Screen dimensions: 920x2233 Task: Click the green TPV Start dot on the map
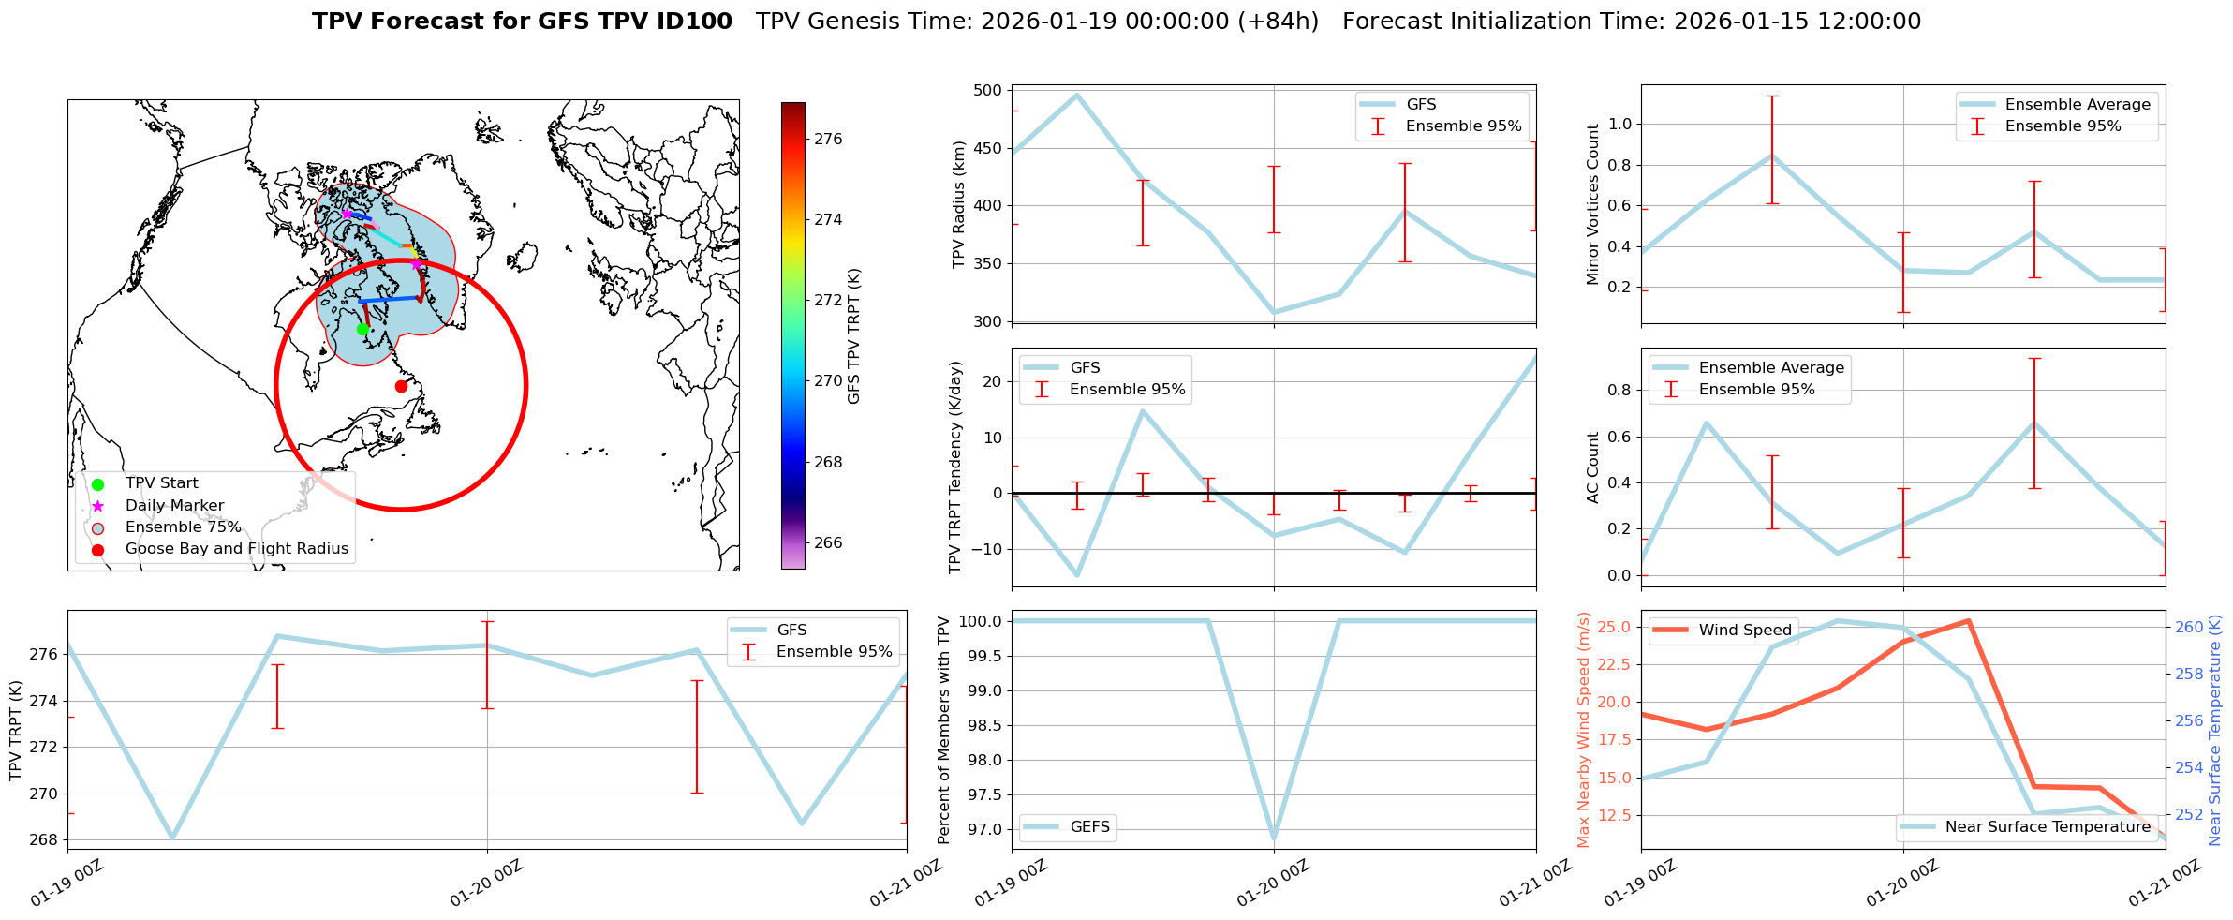point(362,329)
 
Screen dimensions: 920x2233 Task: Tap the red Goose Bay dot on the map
point(401,386)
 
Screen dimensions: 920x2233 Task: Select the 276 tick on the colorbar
point(828,139)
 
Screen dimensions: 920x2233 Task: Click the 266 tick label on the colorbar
point(828,542)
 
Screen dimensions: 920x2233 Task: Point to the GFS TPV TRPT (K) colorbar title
point(853,336)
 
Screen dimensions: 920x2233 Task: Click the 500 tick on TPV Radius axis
point(988,91)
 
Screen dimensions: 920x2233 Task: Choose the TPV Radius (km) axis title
point(958,204)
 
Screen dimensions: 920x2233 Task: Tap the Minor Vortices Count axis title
point(1593,204)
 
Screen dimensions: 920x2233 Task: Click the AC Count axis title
point(1593,467)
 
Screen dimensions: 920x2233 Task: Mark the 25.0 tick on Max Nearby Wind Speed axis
point(1617,627)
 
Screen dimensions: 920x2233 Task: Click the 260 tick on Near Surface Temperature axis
point(2188,627)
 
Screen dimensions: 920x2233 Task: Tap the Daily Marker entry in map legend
point(174,505)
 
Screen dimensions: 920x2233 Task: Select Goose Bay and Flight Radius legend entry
point(236,549)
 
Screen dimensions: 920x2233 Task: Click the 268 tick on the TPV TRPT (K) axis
point(45,839)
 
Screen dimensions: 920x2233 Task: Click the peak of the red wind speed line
point(1969,620)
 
